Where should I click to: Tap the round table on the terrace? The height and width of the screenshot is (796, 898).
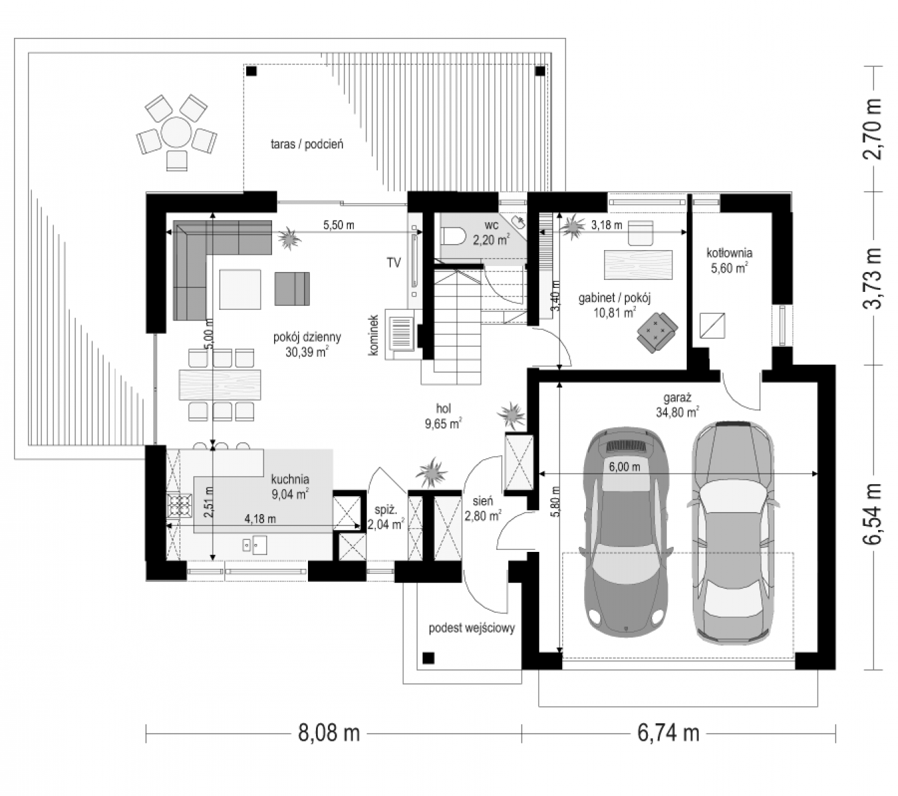[x=175, y=131]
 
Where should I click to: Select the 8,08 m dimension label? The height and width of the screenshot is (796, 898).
[x=329, y=733]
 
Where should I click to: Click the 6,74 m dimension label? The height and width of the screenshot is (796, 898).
[x=668, y=733]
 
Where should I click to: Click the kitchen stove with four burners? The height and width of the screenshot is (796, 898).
[x=179, y=505]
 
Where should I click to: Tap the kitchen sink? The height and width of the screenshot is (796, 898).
[x=254, y=545]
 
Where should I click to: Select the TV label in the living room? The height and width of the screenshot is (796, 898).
[x=393, y=263]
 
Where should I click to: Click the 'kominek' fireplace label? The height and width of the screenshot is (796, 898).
[x=374, y=335]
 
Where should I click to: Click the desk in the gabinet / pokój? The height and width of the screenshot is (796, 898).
[x=638, y=265]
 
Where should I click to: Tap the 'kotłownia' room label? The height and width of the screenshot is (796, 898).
[x=729, y=253]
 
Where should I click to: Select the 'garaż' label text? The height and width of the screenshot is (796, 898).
[x=678, y=397]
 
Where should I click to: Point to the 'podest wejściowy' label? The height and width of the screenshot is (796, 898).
[x=472, y=628]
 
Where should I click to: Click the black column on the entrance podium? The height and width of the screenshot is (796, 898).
[x=428, y=658]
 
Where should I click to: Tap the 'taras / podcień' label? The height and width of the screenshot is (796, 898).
[x=307, y=144]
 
